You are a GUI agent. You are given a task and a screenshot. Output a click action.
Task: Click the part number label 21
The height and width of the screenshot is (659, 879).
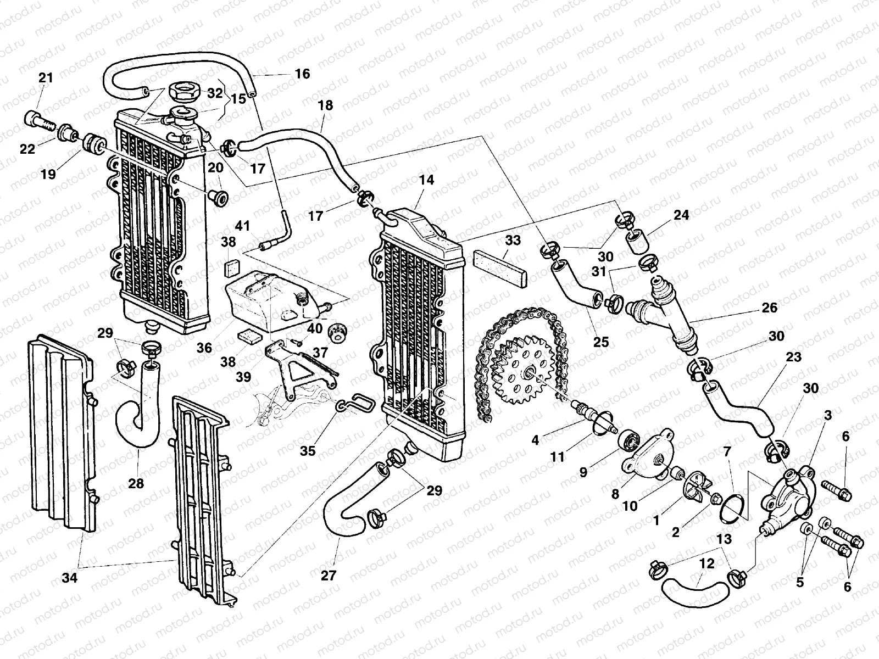(46, 77)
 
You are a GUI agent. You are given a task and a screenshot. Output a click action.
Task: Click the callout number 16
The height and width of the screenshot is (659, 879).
(302, 74)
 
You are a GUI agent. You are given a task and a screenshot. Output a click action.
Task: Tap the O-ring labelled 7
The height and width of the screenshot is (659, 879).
(732, 509)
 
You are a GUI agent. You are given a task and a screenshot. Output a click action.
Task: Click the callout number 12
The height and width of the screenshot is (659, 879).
(706, 563)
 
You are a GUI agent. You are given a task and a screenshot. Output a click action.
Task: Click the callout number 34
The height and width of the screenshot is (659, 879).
(70, 578)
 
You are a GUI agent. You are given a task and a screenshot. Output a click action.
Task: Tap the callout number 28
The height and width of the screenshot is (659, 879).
(136, 483)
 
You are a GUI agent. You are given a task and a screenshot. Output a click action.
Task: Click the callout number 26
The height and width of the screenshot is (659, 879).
(769, 308)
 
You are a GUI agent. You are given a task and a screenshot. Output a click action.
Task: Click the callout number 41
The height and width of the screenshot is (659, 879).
(242, 226)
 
